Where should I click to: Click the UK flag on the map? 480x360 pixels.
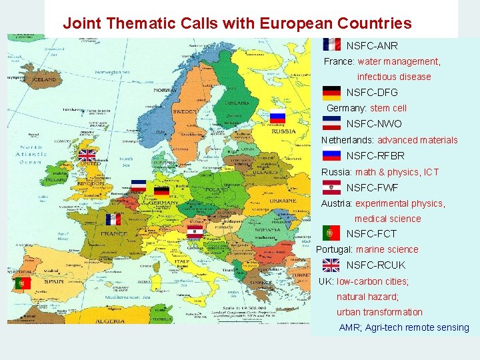(x=87, y=155)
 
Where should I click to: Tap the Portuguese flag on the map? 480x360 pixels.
(x=22, y=283)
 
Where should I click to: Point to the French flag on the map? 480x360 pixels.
(x=113, y=219)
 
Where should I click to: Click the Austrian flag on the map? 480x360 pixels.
(x=195, y=232)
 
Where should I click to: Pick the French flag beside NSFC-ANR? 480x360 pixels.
(x=331, y=45)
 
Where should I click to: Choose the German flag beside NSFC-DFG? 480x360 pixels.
(x=331, y=93)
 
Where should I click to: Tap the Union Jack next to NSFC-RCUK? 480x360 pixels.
(x=331, y=265)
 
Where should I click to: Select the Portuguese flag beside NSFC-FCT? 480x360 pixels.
(x=331, y=233)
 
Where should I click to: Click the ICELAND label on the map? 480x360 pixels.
(x=45, y=79)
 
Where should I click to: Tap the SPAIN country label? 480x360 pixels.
(x=54, y=281)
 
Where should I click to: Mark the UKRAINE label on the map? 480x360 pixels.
(x=284, y=201)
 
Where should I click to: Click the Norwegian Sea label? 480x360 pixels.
(x=112, y=71)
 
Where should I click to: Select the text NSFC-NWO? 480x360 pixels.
(x=374, y=124)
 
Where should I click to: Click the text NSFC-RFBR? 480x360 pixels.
(x=375, y=156)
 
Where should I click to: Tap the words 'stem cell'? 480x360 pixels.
(x=388, y=108)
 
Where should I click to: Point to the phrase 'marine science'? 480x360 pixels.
(x=387, y=249)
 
